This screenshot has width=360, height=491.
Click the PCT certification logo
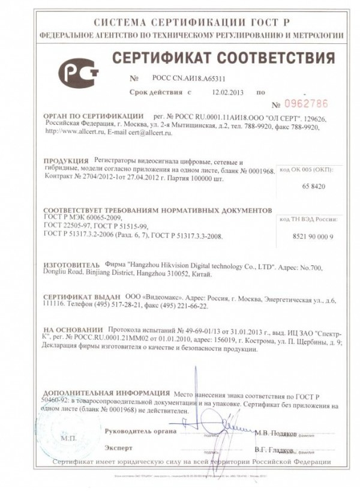pyautogui.click(x=78, y=72)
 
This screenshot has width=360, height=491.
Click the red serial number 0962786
pyautogui.click(x=305, y=103)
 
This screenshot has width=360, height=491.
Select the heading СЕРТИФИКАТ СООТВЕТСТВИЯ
pyautogui.click(x=224, y=59)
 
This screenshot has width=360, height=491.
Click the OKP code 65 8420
pyautogui.click(x=313, y=187)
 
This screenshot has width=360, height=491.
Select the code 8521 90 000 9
pyautogui.click(x=313, y=237)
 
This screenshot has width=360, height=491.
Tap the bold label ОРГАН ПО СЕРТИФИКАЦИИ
pyautogui.click(x=94, y=115)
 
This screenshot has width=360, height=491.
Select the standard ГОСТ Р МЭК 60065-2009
pyautogui.click(x=83, y=217)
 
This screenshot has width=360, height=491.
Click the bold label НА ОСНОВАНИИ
pyautogui.click(x=73, y=330)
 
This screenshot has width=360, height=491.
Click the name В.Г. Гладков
pyautogui.click(x=274, y=449)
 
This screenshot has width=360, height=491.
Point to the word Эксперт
pyautogui.click(x=118, y=448)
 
